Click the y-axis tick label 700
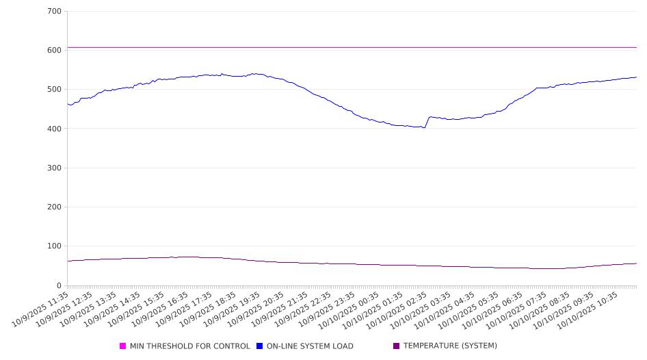click(54, 12)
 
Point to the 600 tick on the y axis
click(54, 51)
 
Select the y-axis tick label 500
click(54, 90)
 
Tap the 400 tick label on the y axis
click(54, 129)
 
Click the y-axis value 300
click(54, 168)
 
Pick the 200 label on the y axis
click(54, 207)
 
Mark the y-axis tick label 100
click(54, 246)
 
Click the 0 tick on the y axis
click(58, 285)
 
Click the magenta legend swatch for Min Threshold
click(123, 346)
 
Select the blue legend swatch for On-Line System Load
click(260, 346)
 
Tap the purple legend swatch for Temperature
click(397, 346)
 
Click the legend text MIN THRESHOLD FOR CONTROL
click(189, 346)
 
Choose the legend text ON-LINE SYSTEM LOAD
click(310, 346)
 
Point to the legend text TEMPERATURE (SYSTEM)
click(450, 346)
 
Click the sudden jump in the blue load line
click(427, 122)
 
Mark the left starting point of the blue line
click(68, 104)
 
